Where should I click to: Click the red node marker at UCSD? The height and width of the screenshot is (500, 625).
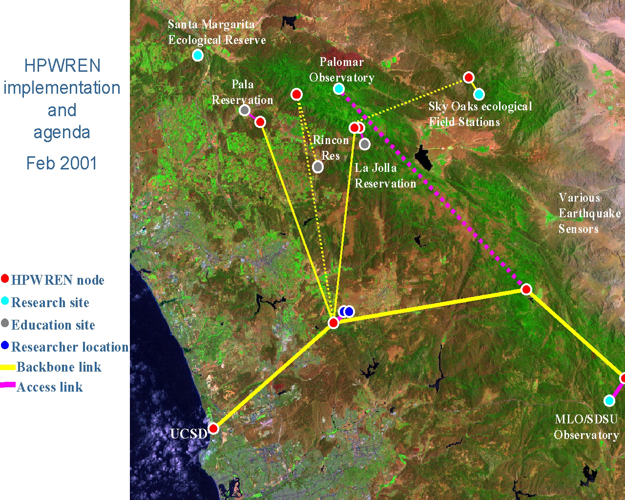213,429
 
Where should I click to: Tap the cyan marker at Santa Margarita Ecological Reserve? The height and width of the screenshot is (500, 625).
198,55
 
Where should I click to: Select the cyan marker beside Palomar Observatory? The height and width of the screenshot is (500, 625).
339,88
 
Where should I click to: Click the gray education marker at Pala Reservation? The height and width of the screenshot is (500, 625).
245,110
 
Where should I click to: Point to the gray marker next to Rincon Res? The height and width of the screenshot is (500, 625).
318,167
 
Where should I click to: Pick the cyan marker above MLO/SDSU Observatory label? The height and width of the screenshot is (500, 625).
609,401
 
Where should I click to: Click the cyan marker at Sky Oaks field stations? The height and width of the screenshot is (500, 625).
479,94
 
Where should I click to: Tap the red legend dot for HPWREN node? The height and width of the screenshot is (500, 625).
5,278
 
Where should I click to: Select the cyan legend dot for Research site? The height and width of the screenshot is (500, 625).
5,301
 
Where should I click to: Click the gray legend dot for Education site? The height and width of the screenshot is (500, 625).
5,323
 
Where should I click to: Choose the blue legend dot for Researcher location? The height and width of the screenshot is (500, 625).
5,345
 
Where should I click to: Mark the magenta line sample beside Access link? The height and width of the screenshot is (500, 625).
7,385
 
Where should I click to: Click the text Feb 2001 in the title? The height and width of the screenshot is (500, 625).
62,163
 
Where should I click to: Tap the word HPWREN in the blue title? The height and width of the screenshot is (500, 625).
62,65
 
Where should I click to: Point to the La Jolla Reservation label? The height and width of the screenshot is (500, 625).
385,176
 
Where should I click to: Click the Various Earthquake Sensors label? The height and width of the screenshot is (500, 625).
589,213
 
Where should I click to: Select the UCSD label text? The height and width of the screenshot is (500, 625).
188,434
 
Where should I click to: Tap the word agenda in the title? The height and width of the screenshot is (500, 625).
62,133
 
